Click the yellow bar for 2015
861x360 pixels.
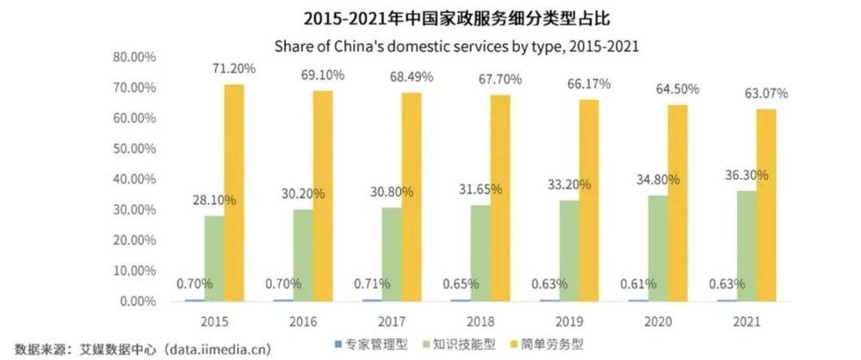[233, 193]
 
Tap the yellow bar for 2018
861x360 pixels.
[499, 198]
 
